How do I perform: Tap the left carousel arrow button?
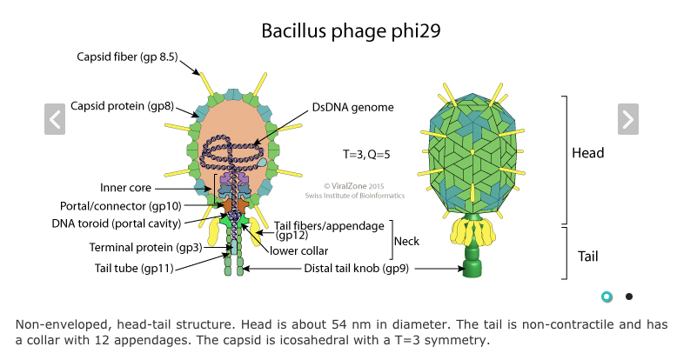point(55,118)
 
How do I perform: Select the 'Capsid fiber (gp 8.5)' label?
point(127,57)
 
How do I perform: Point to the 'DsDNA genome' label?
point(353,108)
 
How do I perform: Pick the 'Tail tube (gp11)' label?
point(134,268)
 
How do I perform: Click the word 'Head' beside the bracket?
point(587,154)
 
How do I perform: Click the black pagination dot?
point(628,297)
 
